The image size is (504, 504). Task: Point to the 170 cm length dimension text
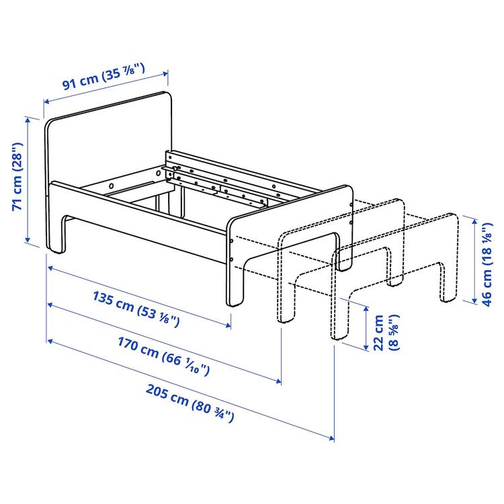[164, 358]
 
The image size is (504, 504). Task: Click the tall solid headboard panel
[108, 141]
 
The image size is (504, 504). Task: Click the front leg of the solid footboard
[235, 282]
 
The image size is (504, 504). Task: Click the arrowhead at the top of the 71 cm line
[28, 119]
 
